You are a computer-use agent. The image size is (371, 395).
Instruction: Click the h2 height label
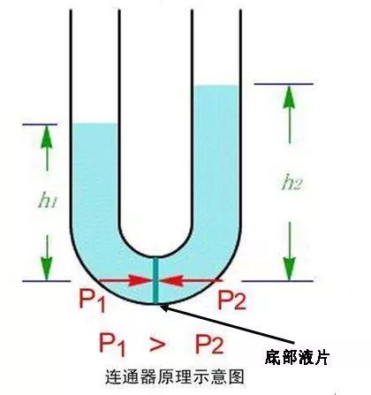291,184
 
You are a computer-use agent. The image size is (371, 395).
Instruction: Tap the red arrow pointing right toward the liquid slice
125,280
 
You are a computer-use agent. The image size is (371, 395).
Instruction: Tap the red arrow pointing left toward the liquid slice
190,280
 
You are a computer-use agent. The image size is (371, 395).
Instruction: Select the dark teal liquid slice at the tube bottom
155,280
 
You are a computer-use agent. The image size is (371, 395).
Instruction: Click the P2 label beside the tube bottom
231,300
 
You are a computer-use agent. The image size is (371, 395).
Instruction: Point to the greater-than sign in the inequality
157,344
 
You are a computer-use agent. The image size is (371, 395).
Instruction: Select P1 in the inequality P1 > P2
112,344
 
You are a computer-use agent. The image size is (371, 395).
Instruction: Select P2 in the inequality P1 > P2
209,344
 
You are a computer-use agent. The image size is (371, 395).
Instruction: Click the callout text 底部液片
296,357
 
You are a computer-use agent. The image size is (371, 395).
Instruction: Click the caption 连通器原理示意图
175,376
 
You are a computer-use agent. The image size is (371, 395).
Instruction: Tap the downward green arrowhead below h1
47,268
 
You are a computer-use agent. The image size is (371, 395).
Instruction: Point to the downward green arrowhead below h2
290,268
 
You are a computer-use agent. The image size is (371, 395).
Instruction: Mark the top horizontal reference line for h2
284,84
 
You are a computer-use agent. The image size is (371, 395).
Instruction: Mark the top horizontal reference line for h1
40,125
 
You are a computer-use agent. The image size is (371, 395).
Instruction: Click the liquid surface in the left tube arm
95,124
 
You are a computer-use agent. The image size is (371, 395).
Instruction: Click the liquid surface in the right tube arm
216,86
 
